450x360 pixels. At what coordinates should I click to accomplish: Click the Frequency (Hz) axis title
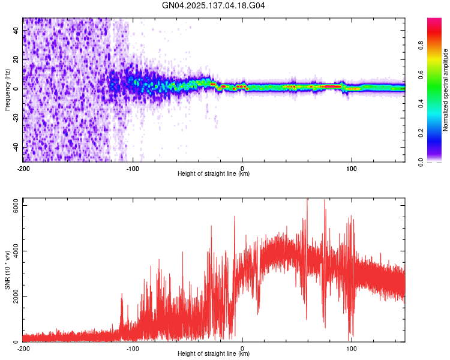[8, 89]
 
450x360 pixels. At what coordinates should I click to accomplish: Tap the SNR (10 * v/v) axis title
[8, 273]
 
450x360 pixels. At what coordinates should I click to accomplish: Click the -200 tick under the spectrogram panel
[23, 167]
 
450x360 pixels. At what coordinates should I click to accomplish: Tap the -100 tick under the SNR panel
[133, 347]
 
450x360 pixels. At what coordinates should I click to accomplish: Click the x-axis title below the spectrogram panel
[214, 174]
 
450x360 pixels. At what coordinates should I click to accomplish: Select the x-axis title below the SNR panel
[214, 354]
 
